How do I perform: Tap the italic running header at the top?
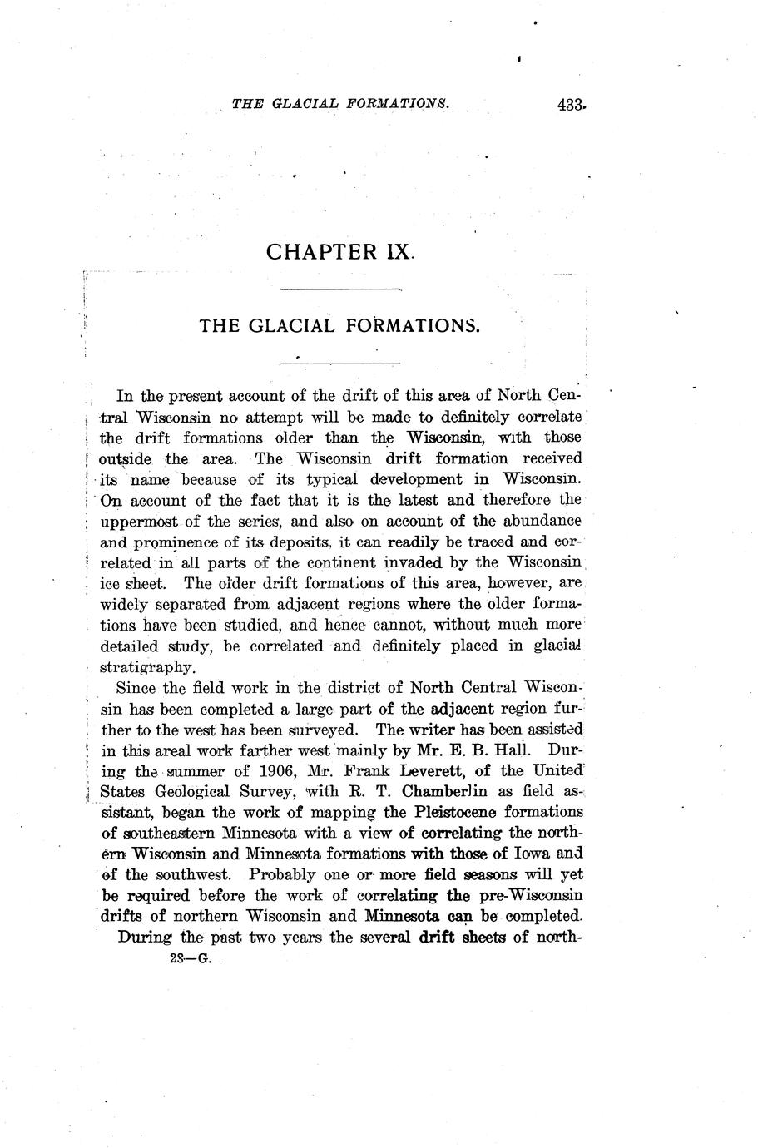pos(341,104)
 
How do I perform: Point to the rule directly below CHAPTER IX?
pos(341,289)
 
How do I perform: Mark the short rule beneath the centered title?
pos(341,362)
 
